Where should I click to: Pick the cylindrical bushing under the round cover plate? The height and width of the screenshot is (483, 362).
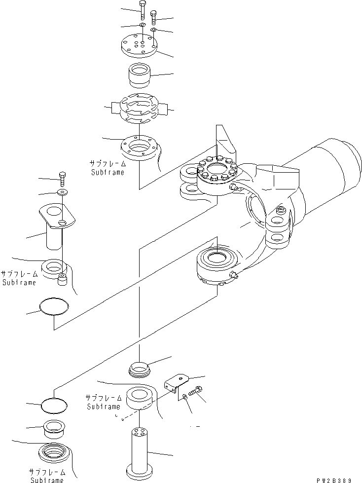click(x=140, y=76)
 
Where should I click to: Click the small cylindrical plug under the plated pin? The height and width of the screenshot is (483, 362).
click(x=62, y=279)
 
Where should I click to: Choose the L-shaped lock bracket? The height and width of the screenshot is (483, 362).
click(x=177, y=382)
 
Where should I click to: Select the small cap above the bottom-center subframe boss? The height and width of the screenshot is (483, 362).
click(x=139, y=368)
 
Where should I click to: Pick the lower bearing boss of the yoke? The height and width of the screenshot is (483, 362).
click(x=217, y=266)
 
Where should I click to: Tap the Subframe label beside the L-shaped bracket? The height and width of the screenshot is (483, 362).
click(x=103, y=402)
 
